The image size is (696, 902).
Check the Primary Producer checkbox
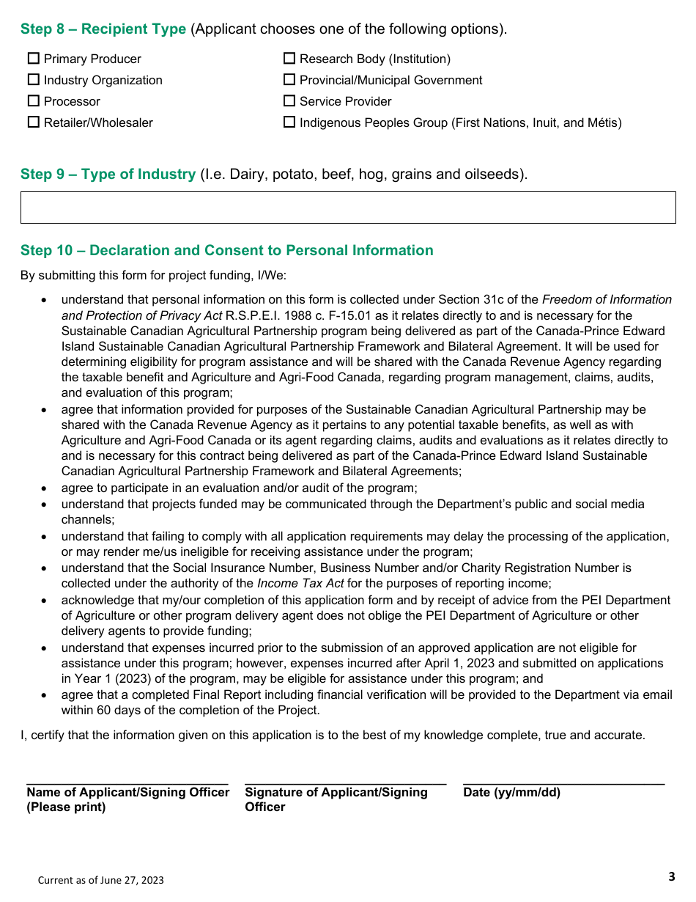coord(34,59)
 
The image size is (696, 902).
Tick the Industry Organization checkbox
coord(34,80)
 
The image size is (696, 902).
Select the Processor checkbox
coord(34,101)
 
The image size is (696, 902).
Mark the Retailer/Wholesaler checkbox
coord(34,122)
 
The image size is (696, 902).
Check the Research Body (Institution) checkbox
coord(289,59)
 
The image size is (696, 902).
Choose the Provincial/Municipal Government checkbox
coord(289,80)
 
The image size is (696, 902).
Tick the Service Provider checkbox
coord(289,101)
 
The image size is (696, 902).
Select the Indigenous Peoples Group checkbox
coord(289,122)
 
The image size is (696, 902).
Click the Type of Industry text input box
coord(348,208)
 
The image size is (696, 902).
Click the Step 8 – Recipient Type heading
coord(103,29)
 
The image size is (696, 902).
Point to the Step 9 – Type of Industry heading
coord(108,175)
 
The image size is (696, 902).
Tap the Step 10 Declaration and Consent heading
coord(227,251)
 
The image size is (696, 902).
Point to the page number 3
coord(671,877)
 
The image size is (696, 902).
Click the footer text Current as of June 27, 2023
coord(101,880)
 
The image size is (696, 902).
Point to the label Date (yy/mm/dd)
coord(511,793)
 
